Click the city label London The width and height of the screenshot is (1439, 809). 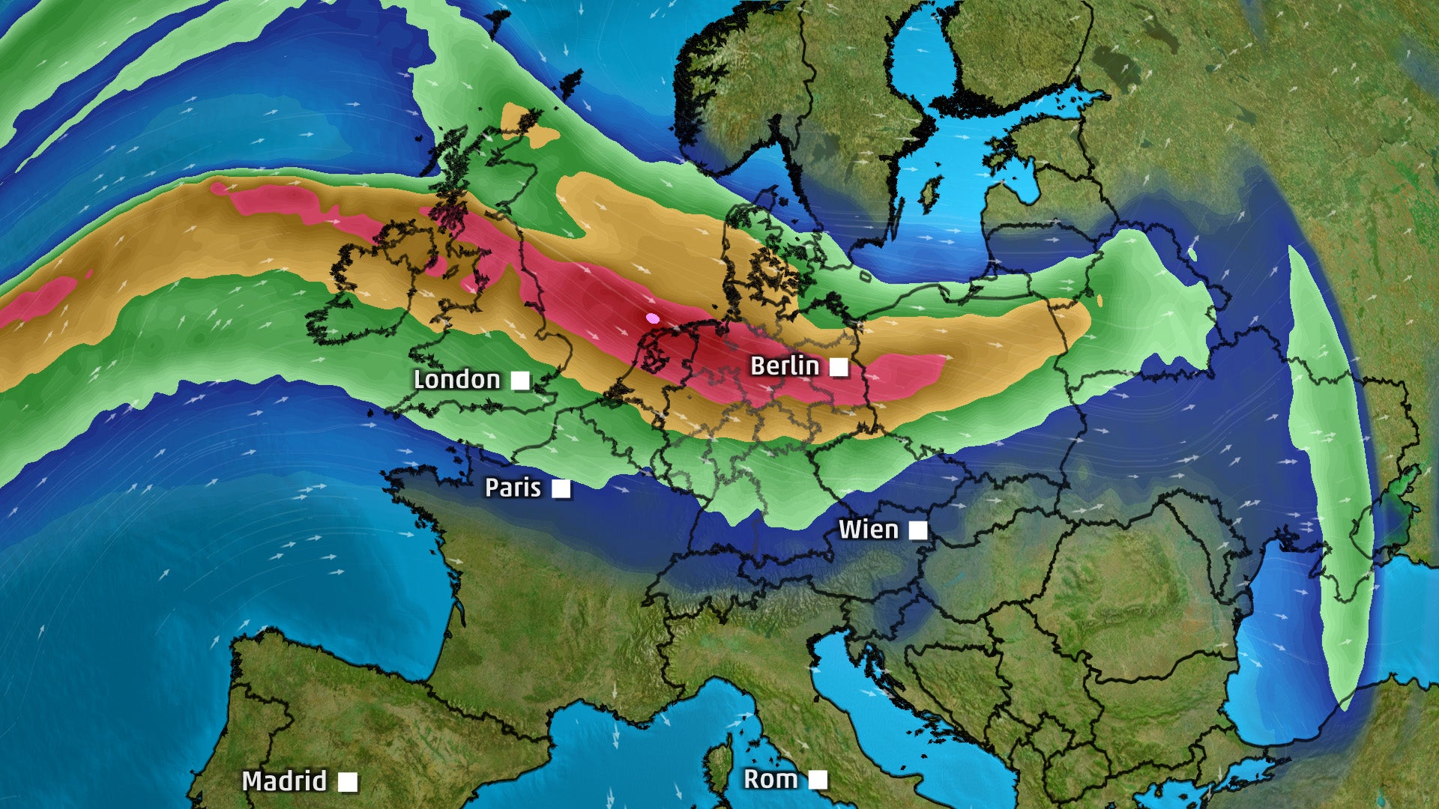(456, 380)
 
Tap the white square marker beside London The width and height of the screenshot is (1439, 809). (520, 381)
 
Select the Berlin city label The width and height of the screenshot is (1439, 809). (784, 366)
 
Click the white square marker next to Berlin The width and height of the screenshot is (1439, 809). (839, 367)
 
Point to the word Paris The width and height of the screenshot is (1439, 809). (513, 488)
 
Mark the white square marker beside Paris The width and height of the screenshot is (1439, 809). (561, 489)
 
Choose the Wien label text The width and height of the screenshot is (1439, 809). (868, 530)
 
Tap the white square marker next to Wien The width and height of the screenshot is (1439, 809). (917, 531)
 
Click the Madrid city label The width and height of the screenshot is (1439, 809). (284, 781)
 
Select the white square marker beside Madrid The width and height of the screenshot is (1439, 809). (347, 782)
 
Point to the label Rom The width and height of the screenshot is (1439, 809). (770, 780)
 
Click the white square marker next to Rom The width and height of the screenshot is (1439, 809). (818, 780)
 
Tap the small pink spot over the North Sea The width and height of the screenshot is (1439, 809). (653, 318)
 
